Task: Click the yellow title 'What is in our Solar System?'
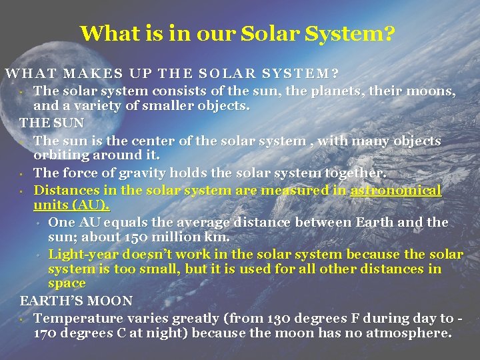(237, 33)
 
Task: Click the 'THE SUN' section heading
(52, 123)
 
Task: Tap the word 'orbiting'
(61, 155)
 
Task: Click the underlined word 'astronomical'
(396, 191)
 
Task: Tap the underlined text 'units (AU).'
(72, 205)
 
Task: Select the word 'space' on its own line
(67, 284)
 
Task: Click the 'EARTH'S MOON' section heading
(76, 301)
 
